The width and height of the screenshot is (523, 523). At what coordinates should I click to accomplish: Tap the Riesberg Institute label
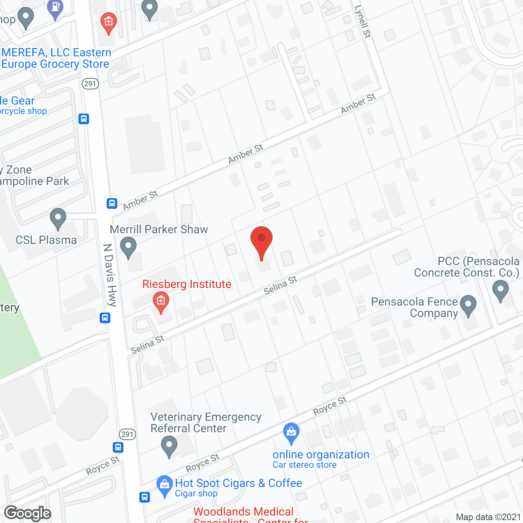coord(187,284)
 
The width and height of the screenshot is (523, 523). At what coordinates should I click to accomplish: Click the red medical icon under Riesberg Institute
coord(161,302)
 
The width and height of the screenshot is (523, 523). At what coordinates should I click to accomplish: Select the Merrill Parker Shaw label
coord(159,229)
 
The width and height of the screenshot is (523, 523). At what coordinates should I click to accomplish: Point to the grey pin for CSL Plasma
coord(58,218)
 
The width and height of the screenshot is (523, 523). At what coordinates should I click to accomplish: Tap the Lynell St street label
coord(362,22)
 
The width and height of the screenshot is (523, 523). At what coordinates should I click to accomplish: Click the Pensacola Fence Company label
coord(414,307)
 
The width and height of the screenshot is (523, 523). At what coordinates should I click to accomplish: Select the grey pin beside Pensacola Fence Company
coord(468,305)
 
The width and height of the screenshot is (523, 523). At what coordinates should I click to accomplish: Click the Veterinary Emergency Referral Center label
coord(206,422)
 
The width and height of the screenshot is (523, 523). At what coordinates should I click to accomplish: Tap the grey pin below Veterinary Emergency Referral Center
coord(169,446)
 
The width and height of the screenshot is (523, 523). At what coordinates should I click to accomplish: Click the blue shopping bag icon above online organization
coord(291,433)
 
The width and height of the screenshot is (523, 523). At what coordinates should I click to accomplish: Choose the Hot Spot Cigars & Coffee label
coord(238,483)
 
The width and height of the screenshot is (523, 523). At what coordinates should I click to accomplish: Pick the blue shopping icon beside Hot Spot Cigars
coord(165,485)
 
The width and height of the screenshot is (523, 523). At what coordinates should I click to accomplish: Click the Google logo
coord(28,513)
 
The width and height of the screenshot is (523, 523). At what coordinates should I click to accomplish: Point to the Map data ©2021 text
coord(488,517)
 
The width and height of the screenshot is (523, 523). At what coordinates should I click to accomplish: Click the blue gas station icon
coord(55,8)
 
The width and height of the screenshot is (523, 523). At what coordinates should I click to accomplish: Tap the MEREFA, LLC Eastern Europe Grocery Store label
coord(56,58)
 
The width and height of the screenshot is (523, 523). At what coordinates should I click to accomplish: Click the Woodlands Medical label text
coord(244,512)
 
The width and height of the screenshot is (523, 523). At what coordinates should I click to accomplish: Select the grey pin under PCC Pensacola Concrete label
coord(501,290)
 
